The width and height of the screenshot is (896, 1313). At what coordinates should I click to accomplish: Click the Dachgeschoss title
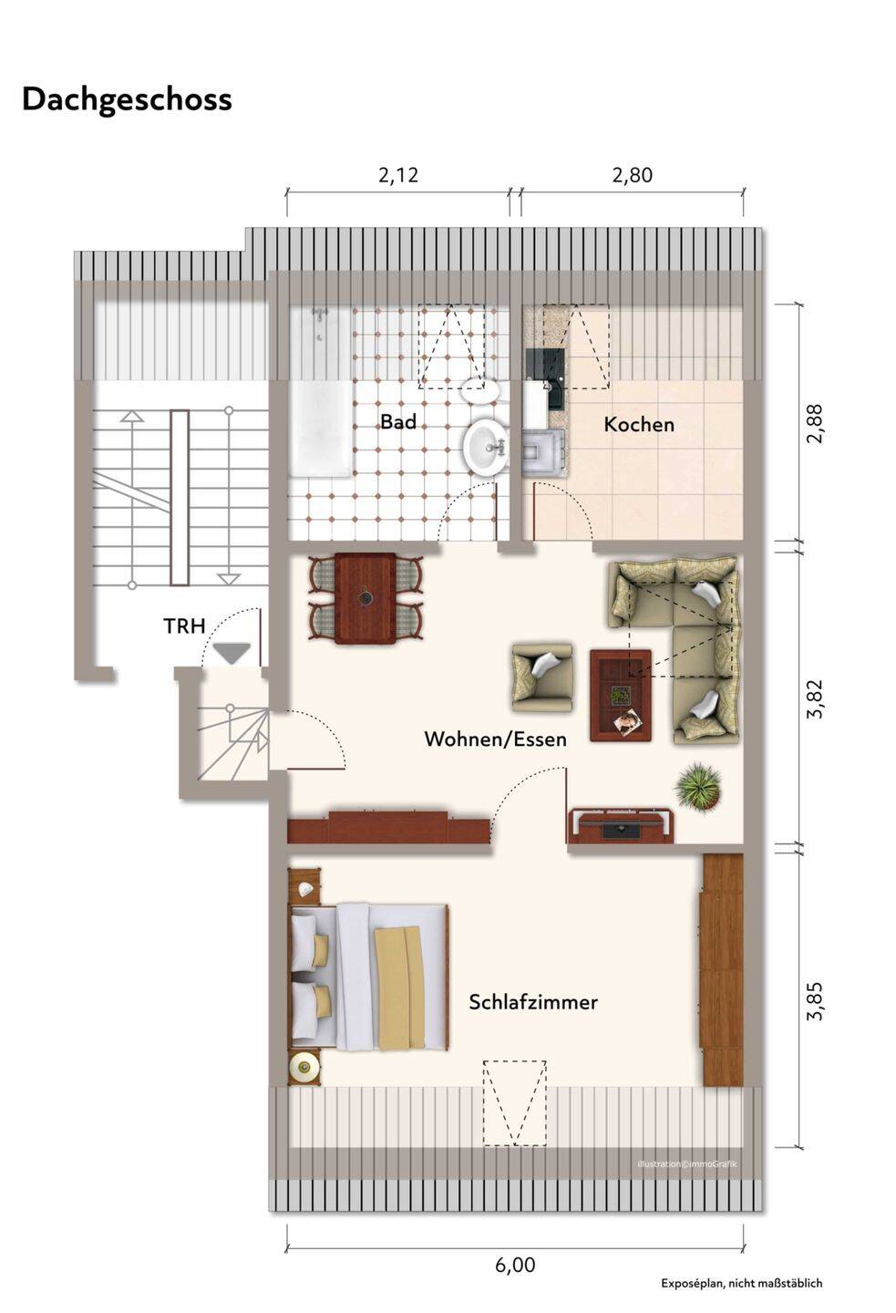click(x=128, y=100)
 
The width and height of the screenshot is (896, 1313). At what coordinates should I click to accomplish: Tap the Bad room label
click(x=398, y=421)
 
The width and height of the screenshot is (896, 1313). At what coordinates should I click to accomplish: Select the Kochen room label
click(x=639, y=424)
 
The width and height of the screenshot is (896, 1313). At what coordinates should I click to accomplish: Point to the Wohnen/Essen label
click(x=495, y=739)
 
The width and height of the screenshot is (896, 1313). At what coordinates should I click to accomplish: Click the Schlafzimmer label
click(x=532, y=1002)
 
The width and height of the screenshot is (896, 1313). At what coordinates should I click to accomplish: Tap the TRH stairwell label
click(x=185, y=626)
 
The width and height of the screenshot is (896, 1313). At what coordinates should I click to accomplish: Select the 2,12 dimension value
click(x=398, y=175)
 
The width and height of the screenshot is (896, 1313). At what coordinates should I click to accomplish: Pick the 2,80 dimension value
click(x=633, y=175)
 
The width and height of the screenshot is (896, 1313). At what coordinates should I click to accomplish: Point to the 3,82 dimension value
click(x=815, y=698)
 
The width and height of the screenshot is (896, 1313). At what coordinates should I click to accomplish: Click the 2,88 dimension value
click(x=815, y=424)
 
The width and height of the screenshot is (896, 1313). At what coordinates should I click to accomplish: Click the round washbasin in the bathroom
click(x=486, y=447)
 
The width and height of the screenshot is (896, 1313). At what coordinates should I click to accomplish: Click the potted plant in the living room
click(x=698, y=787)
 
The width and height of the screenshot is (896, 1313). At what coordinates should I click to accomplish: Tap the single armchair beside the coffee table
click(x=542, y=678)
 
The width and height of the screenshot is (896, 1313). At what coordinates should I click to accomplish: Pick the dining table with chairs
click(x=366, y=598)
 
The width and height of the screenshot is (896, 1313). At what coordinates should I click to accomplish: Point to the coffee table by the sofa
click(x=621, y=695)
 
